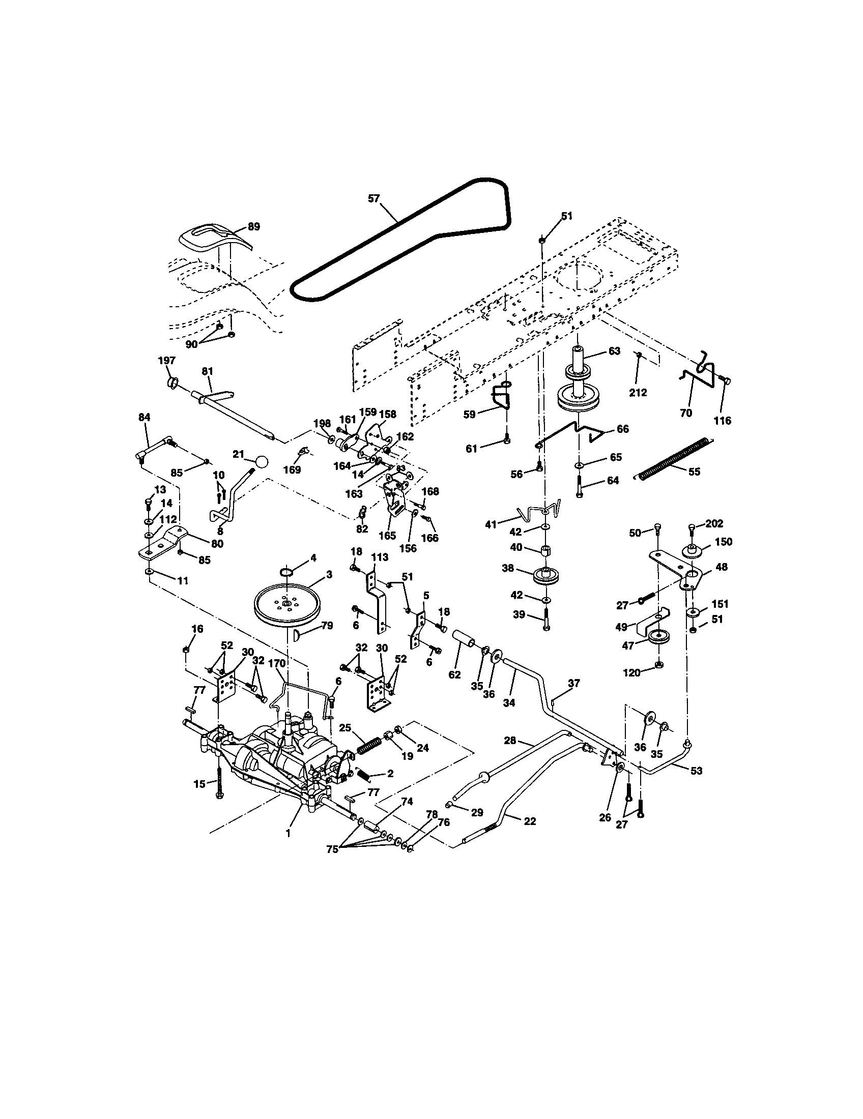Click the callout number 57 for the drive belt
(373, 198)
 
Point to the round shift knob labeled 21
(262, 461)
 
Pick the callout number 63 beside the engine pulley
(614, 351)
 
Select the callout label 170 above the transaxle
(276, 663)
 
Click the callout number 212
(638, 393)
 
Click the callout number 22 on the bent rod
(530, 821)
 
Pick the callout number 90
(191, 344)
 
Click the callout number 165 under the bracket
(387, 536)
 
